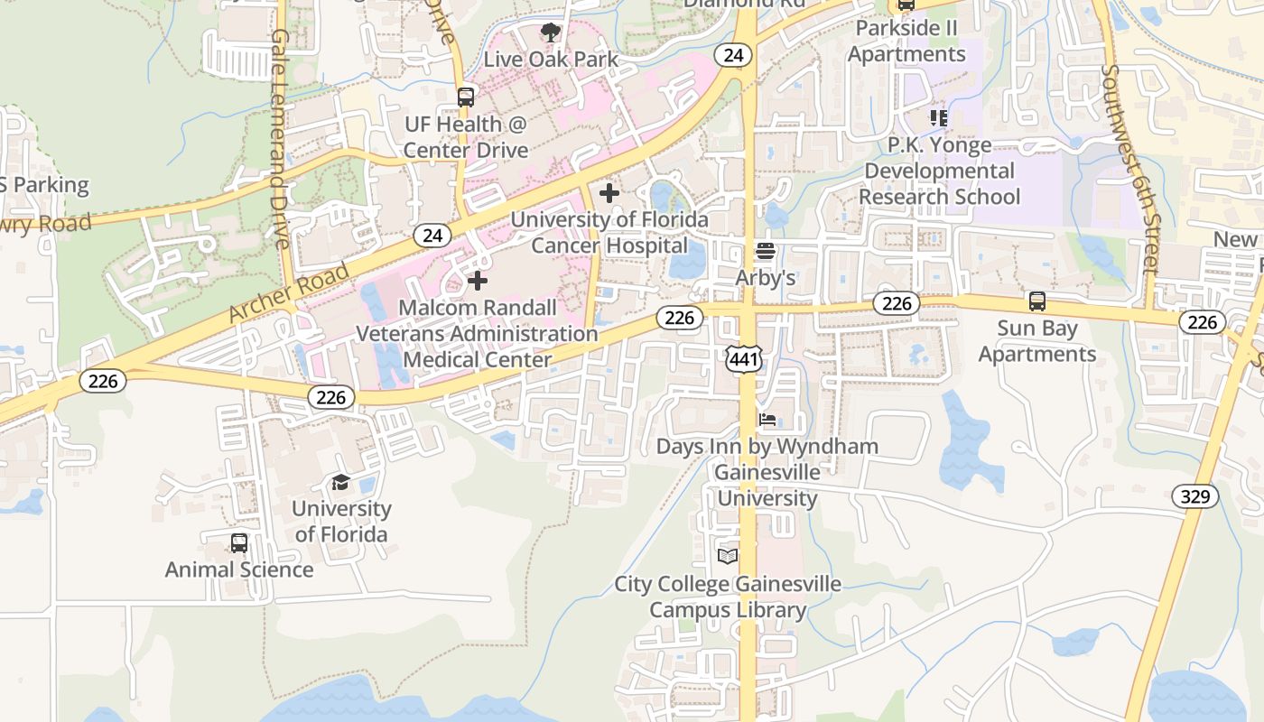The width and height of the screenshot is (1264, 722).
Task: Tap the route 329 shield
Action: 1195,495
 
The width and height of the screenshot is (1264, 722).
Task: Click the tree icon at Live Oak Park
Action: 550,33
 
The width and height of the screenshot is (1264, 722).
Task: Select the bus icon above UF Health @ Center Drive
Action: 466,97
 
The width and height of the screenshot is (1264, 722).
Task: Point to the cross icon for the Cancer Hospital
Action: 609,192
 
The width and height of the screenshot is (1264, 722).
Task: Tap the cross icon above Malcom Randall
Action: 478,281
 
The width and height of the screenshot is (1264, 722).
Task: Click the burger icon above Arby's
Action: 766,251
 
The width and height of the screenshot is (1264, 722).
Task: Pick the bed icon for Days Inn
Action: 767,420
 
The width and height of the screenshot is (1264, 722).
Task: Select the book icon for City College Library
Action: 728,556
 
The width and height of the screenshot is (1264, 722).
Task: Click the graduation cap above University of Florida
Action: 340,482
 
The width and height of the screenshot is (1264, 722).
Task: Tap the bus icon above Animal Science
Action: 238,542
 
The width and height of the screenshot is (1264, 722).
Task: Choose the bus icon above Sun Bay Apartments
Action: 1037,301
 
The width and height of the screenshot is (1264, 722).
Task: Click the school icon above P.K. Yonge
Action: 939,117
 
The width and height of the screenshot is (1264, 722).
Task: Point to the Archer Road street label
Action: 288,292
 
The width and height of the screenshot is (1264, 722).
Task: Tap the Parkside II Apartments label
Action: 906,42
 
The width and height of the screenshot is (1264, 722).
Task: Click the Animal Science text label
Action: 239,569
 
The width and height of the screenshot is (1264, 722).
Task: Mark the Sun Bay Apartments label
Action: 1037,341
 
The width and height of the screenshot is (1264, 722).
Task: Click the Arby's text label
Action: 766,277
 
